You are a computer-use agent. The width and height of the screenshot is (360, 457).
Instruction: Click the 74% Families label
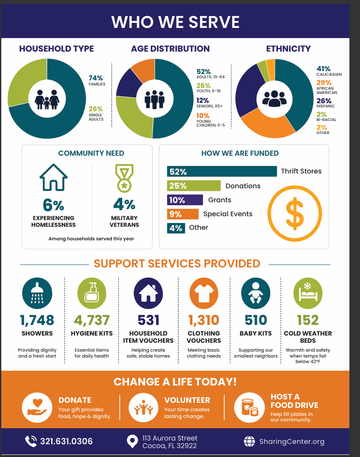(x=97, y=80)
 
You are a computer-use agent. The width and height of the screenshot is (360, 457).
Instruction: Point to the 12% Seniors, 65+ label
(x=209, y=102)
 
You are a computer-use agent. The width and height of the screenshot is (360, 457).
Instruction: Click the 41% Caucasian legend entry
(x=329, y=71)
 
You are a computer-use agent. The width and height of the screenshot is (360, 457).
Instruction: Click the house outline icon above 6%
(x=54, y=177)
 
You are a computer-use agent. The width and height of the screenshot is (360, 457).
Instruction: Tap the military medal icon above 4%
(x=124, y=178)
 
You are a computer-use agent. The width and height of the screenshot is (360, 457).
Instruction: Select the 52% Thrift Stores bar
(x=222, y=171)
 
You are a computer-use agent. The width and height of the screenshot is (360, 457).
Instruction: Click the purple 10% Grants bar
(x=185, y=200)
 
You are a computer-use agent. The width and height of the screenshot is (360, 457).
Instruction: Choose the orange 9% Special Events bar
(x=183, y=214)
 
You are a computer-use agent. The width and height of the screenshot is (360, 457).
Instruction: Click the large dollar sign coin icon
(x=295, y=214)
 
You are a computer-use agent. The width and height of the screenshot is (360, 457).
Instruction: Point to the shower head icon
(x=37, y=293)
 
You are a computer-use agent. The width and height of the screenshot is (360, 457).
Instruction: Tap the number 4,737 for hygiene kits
(x=92, y=320)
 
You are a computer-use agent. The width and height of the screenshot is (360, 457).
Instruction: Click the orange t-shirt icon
(x=204, y=293)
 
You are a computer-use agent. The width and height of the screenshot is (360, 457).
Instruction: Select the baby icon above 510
(x=256, y=293)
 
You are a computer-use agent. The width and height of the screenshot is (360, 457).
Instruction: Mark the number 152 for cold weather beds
(x=308, y=320)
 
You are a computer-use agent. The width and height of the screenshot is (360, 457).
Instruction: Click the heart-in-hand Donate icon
(x=37, y=407)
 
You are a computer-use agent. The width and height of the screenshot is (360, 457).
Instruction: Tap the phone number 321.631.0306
(x=66, y=441)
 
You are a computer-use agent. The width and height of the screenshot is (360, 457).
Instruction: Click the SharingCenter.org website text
(x=292, y=441)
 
